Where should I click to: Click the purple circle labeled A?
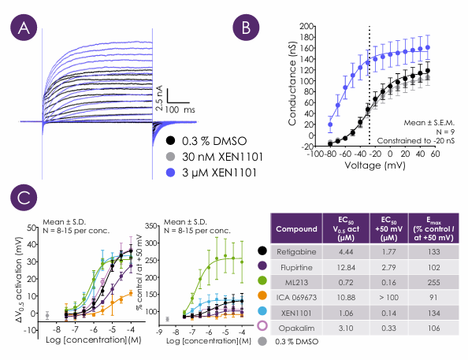click(24, 28)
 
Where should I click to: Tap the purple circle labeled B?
click(246, 28)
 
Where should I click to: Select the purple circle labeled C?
click(24, 198)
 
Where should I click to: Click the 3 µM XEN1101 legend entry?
click(211, 173)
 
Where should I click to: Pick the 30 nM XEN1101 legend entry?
click(214, 157)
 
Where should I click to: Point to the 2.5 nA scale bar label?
click(159, 98)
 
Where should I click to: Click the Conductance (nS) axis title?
click(292, 84)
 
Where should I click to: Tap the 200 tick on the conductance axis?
click(306, 26)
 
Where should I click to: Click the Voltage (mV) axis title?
click(375, 165)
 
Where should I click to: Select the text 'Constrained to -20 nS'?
click(416, 140)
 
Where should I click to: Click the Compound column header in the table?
click(296, 229)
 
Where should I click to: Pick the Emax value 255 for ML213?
click(433, 282)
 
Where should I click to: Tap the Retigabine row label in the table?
click(296, 251)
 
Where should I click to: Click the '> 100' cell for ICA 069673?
click(388, 297)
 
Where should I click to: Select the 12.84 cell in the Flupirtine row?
click(346, 267)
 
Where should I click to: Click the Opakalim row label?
click(296, 328)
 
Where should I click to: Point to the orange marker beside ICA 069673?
click(262, 295)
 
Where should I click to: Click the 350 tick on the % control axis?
click(150, 226)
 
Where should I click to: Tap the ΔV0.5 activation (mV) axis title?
click(19, 280)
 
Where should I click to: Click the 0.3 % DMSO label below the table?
click(297, 342)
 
